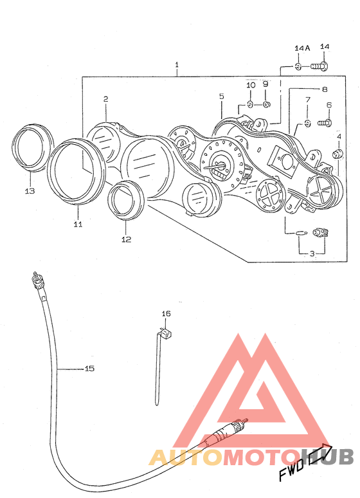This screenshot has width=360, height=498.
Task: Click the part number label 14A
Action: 302,48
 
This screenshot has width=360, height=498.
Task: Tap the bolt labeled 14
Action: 319,67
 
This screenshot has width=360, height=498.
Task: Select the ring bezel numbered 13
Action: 32,147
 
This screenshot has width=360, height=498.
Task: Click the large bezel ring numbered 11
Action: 76,172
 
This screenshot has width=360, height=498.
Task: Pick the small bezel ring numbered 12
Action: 126,199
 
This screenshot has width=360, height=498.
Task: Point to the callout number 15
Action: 89,369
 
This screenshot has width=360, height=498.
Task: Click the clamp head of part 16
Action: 166,334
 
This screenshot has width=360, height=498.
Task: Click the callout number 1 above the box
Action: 177,65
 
